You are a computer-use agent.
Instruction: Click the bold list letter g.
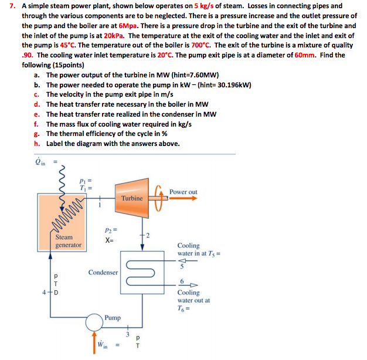click(36, 134)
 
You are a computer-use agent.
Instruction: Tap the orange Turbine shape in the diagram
click(132, 198)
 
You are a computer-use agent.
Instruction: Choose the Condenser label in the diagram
click(103, 273)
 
